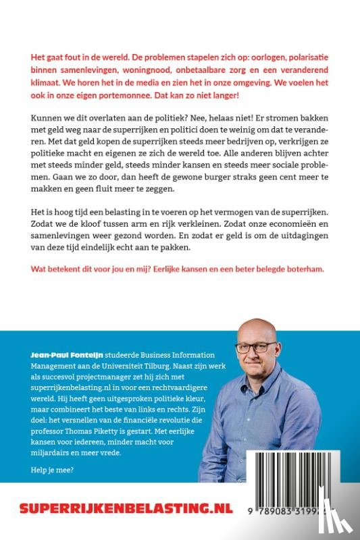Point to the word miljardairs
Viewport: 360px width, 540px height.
click(55, 453)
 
